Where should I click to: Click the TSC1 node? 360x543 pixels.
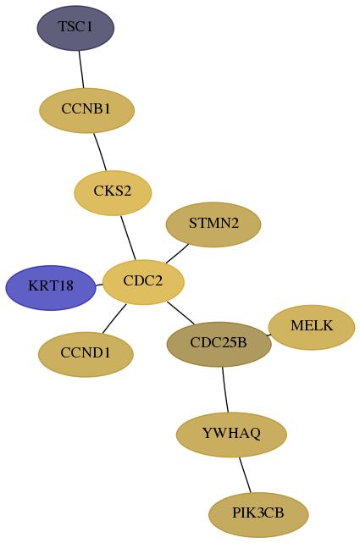coord(75,28)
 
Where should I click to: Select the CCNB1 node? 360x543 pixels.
coord(86,110)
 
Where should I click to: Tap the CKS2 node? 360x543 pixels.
coord(113,193)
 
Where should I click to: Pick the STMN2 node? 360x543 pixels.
coord(213,224)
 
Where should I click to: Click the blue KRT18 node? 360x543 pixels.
coord(51,288)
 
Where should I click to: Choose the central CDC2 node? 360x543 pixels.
coord(143,282)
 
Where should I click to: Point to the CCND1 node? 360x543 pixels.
coord(86,354)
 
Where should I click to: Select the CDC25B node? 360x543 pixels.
coord(219,344)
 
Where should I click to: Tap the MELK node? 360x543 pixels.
coord(312,327)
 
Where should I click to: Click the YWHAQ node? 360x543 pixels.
coord(231,435)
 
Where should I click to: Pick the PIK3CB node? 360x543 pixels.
coord(258,514)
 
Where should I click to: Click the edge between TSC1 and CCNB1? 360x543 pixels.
coord(81,69)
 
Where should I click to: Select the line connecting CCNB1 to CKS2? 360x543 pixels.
coord(100,152)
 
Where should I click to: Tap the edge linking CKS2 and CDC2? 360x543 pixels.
coord(128,237)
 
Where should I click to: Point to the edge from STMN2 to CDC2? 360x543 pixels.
coord(177,254)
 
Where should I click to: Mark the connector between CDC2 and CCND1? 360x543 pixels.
coord(114,319)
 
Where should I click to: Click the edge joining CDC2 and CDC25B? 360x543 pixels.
coord(180,313)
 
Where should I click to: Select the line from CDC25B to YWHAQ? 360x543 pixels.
coord(225,390)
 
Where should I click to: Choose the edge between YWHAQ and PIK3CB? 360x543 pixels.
coord(245,474)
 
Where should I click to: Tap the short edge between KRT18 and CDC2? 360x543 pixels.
coord(99,285)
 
